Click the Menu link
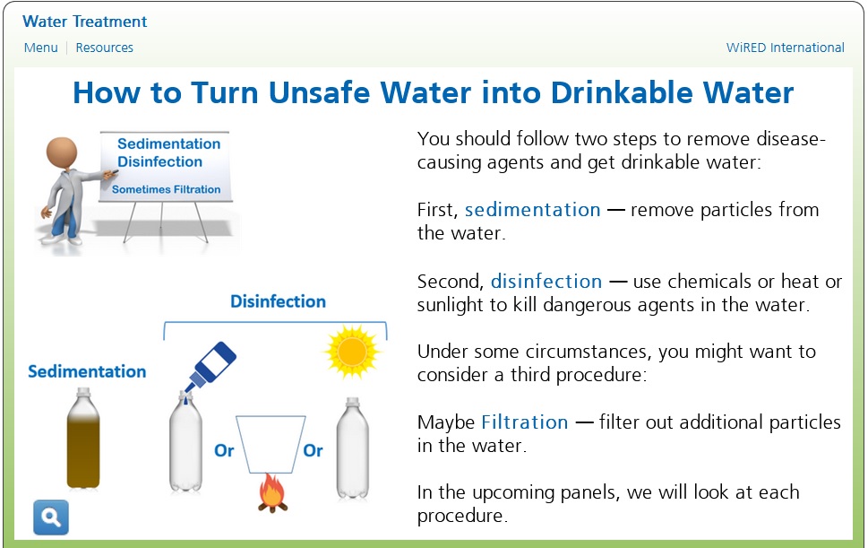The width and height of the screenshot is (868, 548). pos(41,48)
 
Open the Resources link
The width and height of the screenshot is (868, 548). pos(105,48)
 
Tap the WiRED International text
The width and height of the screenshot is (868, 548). pos(785,48)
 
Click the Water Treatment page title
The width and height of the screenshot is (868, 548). pos(85,22)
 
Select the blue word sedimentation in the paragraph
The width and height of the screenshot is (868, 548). pos(533,210)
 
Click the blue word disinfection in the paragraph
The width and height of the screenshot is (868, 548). pos(546,281)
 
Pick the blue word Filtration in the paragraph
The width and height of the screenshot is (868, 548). pos(525,422)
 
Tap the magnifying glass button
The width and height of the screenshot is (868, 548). pos(51,518)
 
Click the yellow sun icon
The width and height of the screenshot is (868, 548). pos(353,352)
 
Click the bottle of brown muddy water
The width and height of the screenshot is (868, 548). pos(83,439)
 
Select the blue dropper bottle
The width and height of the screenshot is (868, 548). pos(211,366)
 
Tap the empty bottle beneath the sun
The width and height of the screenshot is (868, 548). pos(353,448)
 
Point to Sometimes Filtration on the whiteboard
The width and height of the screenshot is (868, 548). pos(166,189)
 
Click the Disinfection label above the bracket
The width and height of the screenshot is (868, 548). pos(278,301)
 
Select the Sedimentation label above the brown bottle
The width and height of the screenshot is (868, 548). pos(87,371)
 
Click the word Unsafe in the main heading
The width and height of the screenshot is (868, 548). pos(320,92)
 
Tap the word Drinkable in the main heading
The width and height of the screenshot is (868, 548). pos(622,92)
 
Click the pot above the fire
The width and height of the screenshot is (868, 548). pos(271,444)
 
